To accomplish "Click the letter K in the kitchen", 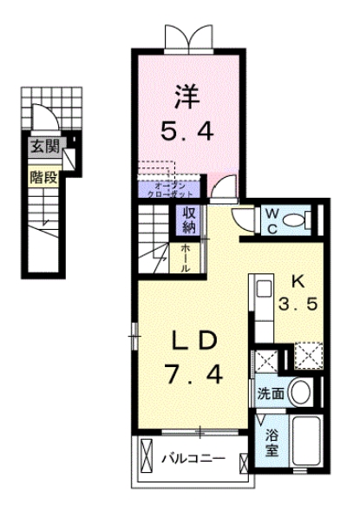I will click(x=297, y=282).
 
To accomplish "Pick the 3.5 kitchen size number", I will click(x=298, y=306).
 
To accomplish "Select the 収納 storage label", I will click(x=188, y=220).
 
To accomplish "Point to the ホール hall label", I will click(x=187, y=256).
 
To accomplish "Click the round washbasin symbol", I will click(x=299, y=392).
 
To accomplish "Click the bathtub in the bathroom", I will click(x=306, y=443).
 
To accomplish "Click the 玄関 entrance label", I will click(x=41, y=146).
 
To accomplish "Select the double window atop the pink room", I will click(x=188, y=36).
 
